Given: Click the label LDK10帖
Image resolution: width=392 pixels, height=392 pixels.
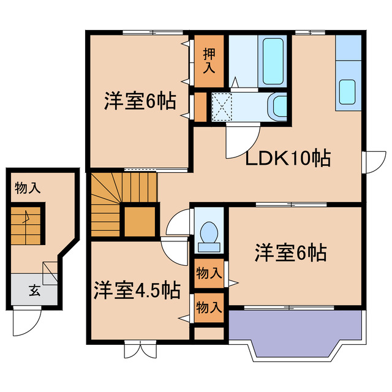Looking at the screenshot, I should [288, 159].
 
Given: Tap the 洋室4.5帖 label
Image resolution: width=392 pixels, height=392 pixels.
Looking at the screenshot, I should [137, 290].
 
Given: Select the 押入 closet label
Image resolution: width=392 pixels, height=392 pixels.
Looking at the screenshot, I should [209, 61].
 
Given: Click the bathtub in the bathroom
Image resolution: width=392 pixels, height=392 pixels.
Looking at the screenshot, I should [271, 62].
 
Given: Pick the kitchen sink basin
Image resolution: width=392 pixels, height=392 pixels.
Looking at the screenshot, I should [348, 92].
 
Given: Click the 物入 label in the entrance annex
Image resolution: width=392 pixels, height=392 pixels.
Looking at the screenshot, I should [28, 187].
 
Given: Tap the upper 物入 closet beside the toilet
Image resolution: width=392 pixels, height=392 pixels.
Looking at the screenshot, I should [209, 273].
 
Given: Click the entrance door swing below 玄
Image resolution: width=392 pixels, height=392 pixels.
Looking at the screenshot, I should [27, 321].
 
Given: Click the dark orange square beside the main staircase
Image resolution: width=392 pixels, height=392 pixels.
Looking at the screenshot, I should [140, 222].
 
